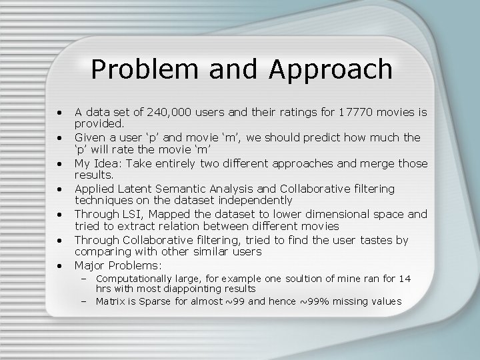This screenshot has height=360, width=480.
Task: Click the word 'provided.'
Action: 99,123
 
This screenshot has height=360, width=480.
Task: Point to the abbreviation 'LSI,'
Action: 126,215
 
